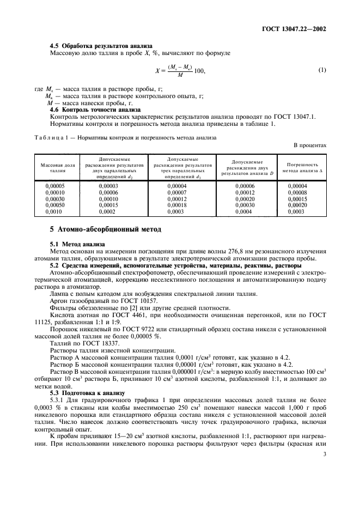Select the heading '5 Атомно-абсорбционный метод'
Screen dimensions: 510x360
pyautogui.click(x=106, y=229)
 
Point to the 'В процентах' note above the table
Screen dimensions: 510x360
pyautogui.click(x=310, y=145)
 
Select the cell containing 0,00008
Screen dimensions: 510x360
pyautogui.click(x=297, y=192)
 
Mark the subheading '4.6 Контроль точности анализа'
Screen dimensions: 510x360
pyautogui.click(x=88, y=109)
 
